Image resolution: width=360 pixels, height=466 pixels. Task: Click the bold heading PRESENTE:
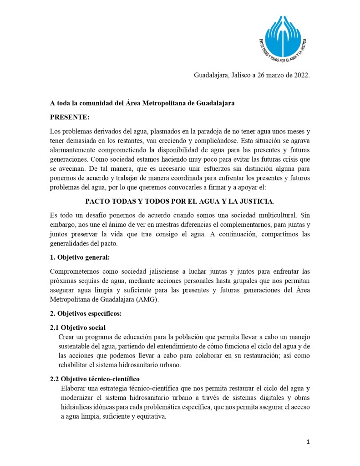click(70, 117)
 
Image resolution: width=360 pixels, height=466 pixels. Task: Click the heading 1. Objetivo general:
click(80, 257)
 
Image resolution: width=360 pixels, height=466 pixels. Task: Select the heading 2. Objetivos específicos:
click(86, 313)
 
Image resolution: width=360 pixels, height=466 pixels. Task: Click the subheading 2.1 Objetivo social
click(77, 328)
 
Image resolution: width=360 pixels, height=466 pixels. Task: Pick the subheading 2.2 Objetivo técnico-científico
click(95, 379)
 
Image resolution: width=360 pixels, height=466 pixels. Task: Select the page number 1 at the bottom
click(308, 442)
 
